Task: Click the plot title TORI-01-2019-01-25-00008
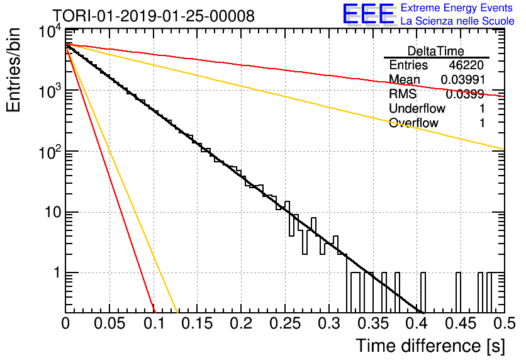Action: click(154, 16)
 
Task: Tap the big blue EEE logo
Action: click(368, 14)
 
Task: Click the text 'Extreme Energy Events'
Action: click(457, 8)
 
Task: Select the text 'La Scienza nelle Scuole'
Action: click(457, 21)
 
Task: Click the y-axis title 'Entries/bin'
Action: click(13, 70)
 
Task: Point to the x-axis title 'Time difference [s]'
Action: click(430, 346)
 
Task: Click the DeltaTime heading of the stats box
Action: click(436, 51)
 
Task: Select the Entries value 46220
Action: click(466, 65)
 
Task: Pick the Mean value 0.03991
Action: click(462, 79)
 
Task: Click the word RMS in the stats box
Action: click(403, 94)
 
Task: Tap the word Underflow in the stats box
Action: click(417, 108)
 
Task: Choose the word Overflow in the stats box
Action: click(413, 123)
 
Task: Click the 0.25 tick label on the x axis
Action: click(285, 323)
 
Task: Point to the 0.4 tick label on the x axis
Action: click(418, 323)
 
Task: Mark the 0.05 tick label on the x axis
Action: click(109, 323)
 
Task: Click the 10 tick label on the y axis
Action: click(53, 212)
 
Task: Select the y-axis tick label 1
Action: click(57, 273)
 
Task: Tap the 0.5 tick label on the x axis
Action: click(505, 323)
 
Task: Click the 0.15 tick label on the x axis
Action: click(198, 323)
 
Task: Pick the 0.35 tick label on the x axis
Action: click(373, 323)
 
